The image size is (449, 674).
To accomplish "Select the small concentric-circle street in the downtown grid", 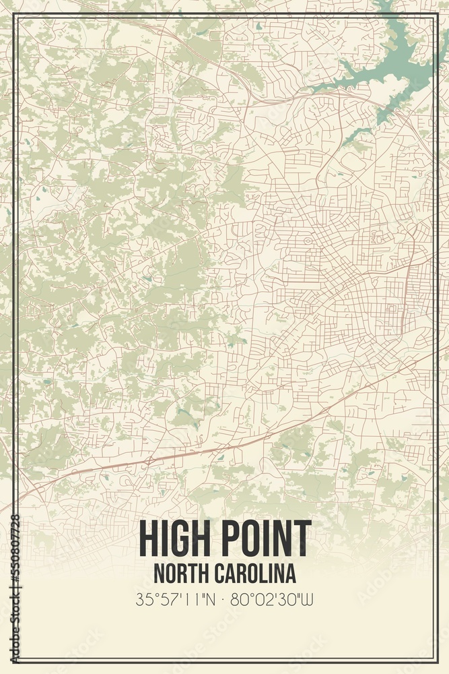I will point(308,240).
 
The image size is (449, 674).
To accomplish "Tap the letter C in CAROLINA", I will point(221,574).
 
